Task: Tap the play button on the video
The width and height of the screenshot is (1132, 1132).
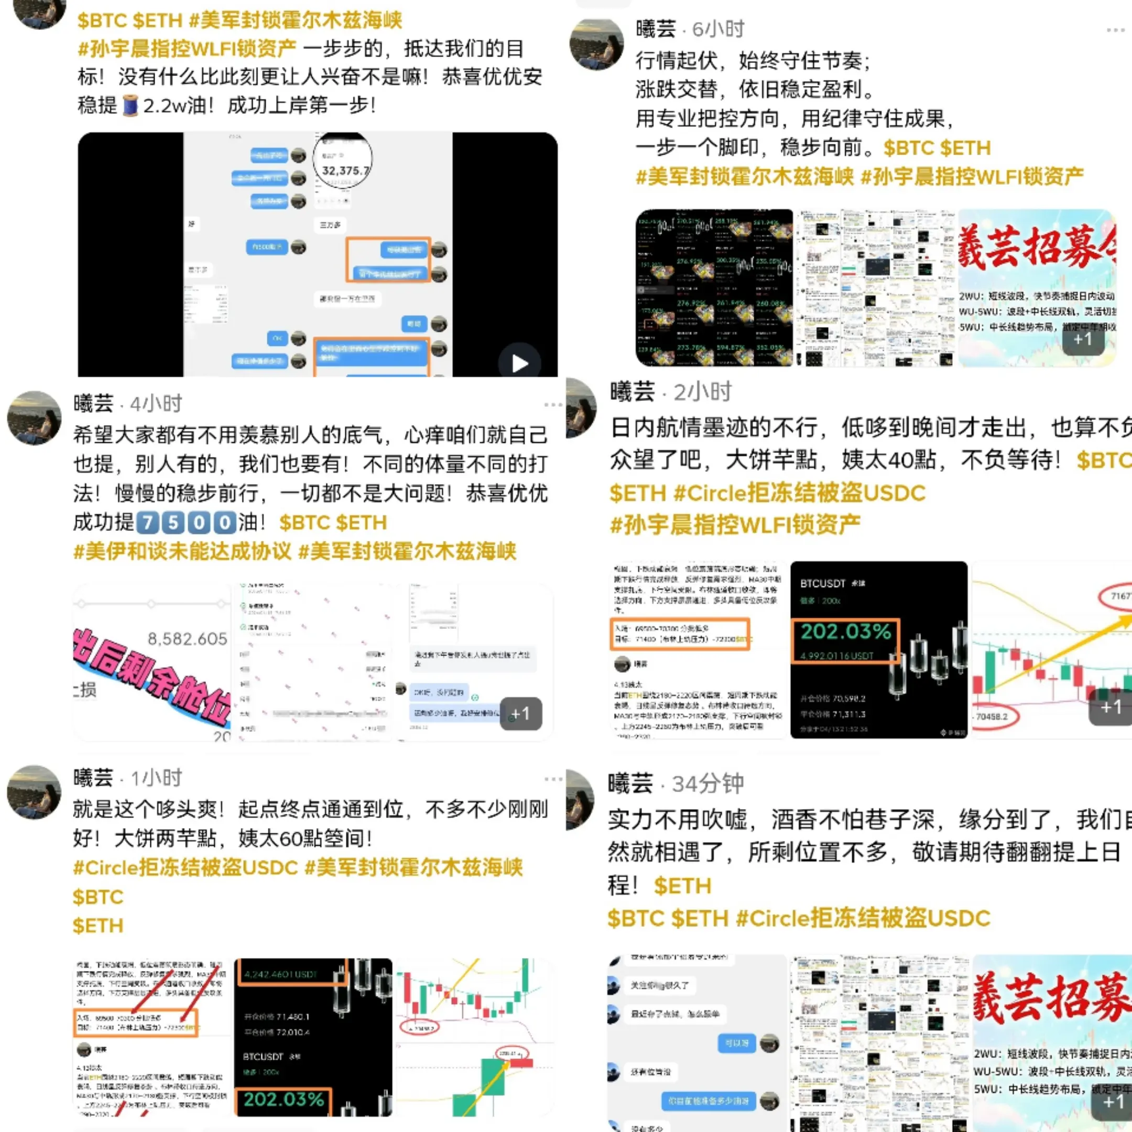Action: click(x=519, y=363)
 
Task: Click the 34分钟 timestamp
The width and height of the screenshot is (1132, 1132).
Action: click(x=708, y=783)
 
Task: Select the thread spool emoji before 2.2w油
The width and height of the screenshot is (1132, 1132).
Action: click(x=130, y=106)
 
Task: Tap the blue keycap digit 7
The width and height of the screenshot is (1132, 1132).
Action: click(x=148, y=522)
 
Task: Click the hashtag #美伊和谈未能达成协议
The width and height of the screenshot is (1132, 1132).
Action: click(x=182, y=551)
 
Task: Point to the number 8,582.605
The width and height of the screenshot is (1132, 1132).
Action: click(x=187, y=639)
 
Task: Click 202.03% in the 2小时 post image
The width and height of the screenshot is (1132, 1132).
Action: click(x=845, y=632)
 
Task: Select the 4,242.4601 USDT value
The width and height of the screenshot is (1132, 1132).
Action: click(x=281, y=974)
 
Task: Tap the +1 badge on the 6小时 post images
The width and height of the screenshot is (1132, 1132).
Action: click(x=1082, y=339)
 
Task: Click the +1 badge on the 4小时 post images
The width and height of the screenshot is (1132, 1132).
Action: click(x=520, y=714)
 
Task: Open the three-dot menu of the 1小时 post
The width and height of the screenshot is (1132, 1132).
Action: click(x=552, y=779)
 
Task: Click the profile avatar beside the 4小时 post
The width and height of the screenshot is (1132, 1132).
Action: click(x=34, y=418)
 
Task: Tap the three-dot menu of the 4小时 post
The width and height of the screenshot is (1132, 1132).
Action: click(x=552, y=404)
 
